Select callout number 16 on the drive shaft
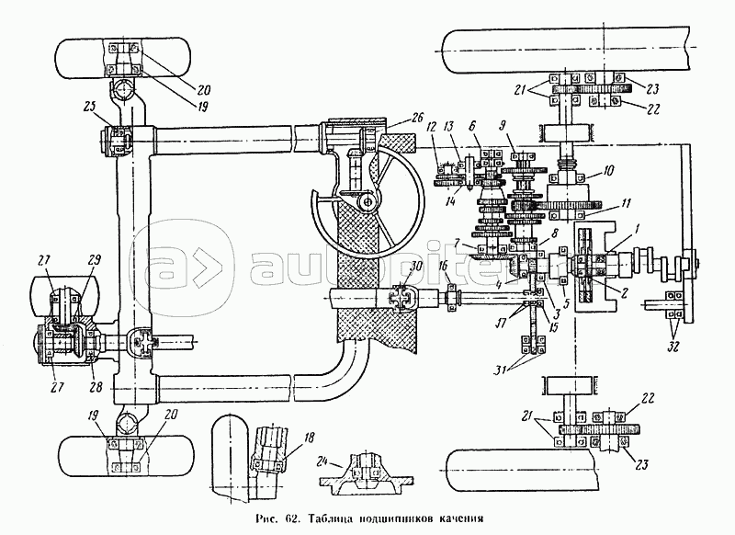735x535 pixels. pos(444,266)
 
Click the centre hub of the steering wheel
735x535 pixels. pos(367,201)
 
